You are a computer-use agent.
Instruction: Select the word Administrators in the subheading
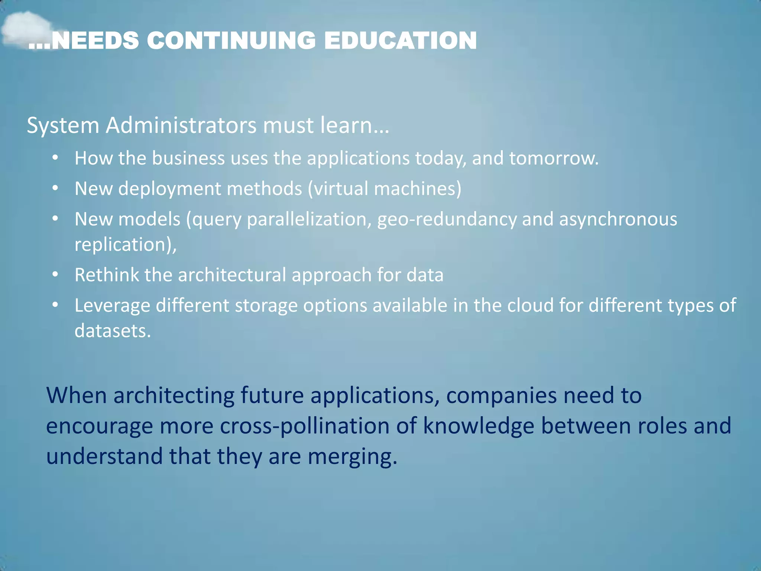tap(181, 125)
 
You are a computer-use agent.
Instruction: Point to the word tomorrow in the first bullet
tap(554, 158)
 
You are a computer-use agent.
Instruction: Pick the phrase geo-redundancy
tap(447, 219)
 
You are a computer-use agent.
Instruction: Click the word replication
tap(123, 245)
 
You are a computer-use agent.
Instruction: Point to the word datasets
tap(113, 331)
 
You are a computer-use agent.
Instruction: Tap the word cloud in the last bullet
tap(530, 306)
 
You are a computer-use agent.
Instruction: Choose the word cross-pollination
tap(304, 426)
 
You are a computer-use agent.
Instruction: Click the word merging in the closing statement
tap(352, 457)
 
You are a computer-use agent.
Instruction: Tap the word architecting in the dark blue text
tap(174, 395)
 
